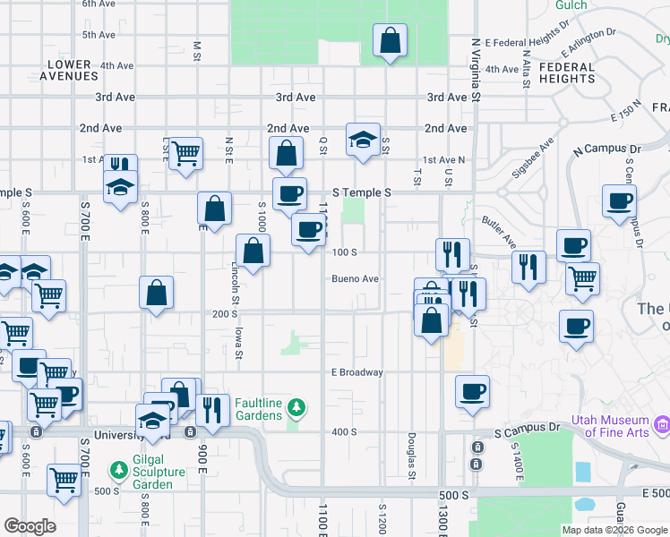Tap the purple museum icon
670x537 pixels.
coord(663,422)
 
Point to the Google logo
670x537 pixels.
coord(30,526)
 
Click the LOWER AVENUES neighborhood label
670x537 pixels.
coord(69,70)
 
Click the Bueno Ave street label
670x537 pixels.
coord(356,279)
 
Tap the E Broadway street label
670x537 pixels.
coord(356,372)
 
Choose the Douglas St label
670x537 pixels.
coord(411,454)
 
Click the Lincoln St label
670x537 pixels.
coord(235,277)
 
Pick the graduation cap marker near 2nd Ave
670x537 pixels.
coord(363,140)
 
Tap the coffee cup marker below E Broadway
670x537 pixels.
coord(472,392)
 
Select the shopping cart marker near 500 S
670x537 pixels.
coord(63,481)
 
